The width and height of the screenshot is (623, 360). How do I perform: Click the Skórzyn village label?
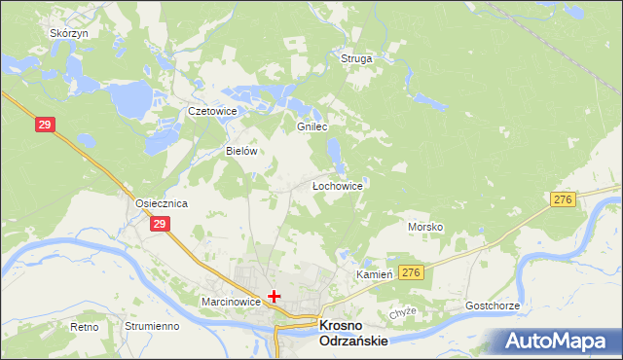69,33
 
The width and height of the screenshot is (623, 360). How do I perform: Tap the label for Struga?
356,58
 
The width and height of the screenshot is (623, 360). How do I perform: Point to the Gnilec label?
311,127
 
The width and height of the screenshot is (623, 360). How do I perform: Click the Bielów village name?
240,152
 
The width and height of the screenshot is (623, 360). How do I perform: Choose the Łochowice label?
337,185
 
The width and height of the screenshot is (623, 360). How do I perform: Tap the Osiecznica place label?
161,203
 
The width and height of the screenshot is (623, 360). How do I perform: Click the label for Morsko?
425,227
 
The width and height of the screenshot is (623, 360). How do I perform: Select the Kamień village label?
373,275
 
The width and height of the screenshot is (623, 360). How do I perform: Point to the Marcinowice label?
231,302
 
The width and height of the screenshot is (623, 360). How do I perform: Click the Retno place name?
85,327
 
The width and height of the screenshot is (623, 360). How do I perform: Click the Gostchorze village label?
493,306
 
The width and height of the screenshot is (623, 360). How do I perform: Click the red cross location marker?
275,296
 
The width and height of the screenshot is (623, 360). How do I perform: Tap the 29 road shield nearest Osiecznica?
161,225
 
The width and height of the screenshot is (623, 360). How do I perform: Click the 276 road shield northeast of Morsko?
562,199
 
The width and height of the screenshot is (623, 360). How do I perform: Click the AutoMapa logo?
558,341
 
